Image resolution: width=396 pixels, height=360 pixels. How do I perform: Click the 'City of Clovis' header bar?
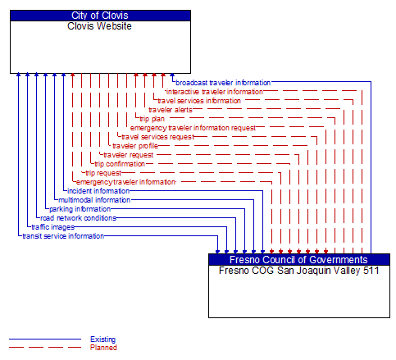point(100,16)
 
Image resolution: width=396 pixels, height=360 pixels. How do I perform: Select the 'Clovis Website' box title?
point(100,26)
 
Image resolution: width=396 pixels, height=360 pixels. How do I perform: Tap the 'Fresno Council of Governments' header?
point(298,260)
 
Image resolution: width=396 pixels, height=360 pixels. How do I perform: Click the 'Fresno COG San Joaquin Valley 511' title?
point(298,270)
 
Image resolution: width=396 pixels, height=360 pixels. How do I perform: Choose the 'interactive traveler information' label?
point(215,92)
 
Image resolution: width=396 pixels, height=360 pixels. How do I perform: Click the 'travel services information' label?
point(199,101)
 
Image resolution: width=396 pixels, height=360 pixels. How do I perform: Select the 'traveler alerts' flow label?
point(171,110)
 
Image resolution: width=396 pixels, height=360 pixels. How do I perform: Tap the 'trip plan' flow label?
point(152,119)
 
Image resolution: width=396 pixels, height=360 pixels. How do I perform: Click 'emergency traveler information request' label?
point(193,128)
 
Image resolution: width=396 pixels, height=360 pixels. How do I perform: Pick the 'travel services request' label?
point(157,137)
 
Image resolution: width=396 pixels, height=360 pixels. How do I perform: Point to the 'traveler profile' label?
point(135,146)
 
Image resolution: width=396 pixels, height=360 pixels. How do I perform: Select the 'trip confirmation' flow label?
point(120,164)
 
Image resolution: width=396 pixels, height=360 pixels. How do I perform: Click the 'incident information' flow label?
point(98,191)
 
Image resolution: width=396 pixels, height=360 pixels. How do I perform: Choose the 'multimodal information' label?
point(94,200)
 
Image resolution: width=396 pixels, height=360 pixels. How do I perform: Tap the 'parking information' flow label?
point(80,209)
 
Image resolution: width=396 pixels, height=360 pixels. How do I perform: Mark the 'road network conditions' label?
point(79,218)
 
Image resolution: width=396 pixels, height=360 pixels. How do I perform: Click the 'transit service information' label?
point(63,236)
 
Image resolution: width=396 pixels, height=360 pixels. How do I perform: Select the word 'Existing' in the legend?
point(103,339)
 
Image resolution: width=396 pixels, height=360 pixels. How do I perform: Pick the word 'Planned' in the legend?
point(103,348)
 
